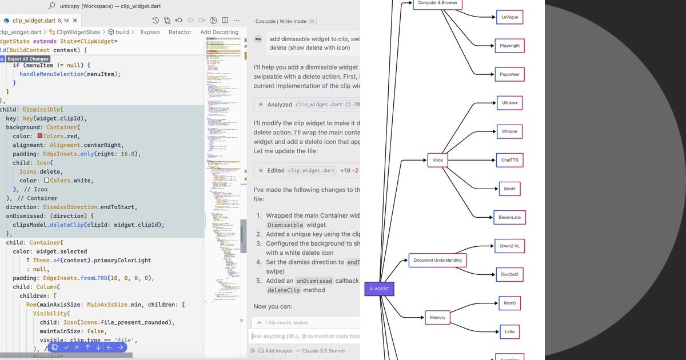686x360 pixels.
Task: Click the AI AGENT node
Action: tap(379, 289)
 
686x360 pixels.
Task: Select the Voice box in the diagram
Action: tap(437, 160)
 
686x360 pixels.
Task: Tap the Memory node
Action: tap(437, 317)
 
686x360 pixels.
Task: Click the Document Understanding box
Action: tap(437, 260)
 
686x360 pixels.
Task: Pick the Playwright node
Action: tap(509, 46)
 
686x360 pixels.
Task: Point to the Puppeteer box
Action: tap(509, 74)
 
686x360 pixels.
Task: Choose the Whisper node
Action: tap(509, 131)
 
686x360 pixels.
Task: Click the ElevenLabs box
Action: tap(509, 217)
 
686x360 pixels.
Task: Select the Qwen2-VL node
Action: tap(509, 246)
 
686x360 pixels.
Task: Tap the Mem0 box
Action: tap(509, 303)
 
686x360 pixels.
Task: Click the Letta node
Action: tap(509, 331)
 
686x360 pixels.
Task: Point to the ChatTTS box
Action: tap(509, 160)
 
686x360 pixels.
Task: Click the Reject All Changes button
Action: tap(28, 59)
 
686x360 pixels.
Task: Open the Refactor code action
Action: tap(180, 32)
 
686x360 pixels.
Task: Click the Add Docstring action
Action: tap(219, 32)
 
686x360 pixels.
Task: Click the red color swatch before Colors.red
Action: tap(40, 136)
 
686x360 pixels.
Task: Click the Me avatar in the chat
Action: tap(258, 39)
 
